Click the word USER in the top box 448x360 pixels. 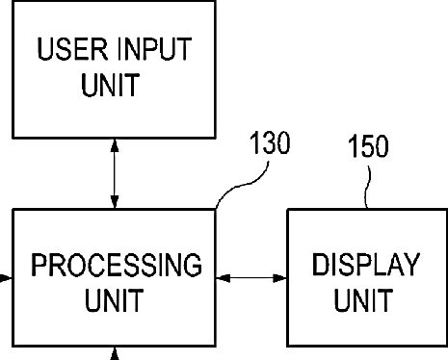coord(72,49)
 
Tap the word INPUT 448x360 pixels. coord(155,49)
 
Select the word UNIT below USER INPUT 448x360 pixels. coord(111,85)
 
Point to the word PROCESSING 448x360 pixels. coord(117,265)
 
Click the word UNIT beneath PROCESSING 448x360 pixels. coord(114,300)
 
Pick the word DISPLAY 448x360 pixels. coord(366,265)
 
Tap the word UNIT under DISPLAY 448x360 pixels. coord(363,300)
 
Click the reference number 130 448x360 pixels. coord(270,142)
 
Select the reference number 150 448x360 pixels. coord(368,146)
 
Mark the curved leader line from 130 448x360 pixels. coord(244,185)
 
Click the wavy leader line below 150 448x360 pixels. coord(368,187)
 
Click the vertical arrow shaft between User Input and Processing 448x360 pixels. coord(115,173)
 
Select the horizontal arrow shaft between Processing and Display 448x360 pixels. coord(251,278)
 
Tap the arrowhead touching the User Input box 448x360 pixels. coord(115,145)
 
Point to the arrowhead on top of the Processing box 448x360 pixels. coord(115,202)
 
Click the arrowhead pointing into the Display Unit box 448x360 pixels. coord(279,278)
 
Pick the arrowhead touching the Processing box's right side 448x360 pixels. coord(224,278)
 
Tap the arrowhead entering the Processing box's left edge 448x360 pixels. coord(6,278)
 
